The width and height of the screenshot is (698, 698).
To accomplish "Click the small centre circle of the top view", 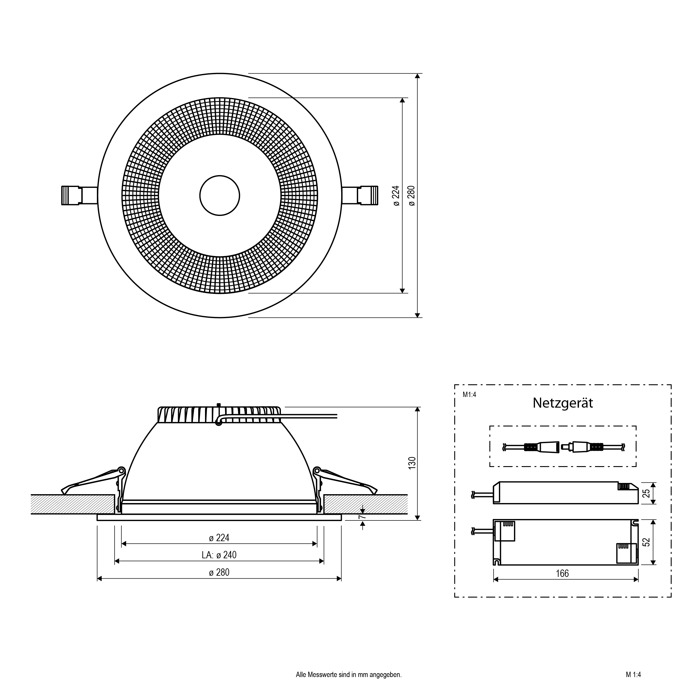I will (x=220, y=196).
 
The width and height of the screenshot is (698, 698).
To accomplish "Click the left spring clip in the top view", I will (x=79, y=196).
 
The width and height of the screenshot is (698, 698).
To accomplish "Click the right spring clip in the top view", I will (x=360, y=196).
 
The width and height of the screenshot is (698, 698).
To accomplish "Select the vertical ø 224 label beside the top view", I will (x=396, y=196).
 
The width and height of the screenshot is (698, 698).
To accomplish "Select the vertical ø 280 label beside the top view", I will (x=411, y=196).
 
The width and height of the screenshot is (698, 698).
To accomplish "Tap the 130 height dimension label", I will (x=412, y=463).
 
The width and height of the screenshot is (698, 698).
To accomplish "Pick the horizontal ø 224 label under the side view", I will (x=219, y=538).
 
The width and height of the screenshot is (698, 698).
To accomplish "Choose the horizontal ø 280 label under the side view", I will (x=219, y=572).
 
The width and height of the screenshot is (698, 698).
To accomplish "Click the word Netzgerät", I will (x=562, y=403).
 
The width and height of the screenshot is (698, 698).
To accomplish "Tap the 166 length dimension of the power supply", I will (x=562, y=573).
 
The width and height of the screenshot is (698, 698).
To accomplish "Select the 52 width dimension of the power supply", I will (x=646, y=542).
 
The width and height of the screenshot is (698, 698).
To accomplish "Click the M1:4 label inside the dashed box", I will (x=469, y=395).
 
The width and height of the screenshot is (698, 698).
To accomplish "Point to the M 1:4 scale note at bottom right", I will (x=633, y=674).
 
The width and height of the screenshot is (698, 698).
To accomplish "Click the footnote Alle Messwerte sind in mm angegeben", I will (x=349, y=674).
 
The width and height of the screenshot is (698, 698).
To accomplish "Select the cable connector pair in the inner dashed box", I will (x=563, y=447).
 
